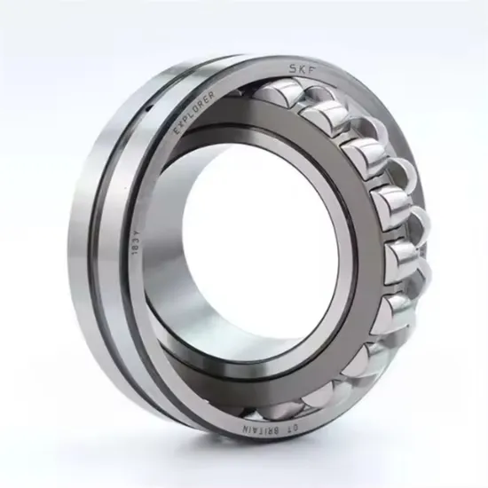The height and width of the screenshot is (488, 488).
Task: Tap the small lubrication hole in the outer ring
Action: pyautogui.click(x=149, y=105)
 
